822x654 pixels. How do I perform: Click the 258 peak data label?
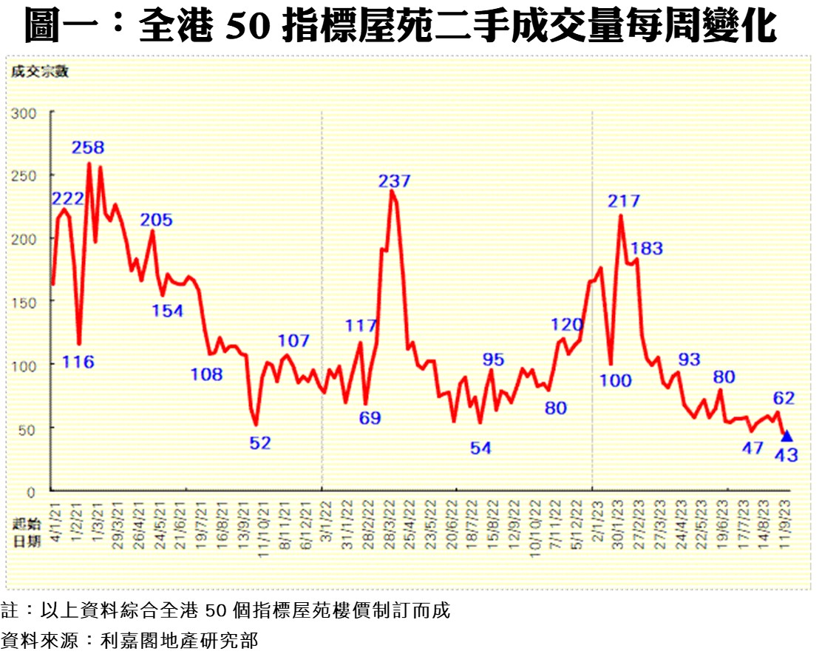pos(88,147)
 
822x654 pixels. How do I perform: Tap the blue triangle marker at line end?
pos(787,436)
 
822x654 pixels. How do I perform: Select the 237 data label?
pos(394,181)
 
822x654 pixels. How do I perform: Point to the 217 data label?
pos(624,200)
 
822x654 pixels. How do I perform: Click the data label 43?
pos(786,456)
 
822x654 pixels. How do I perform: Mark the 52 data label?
pos(259,443)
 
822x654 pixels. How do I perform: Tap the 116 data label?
pos(78,362)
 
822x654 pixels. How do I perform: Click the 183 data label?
pos(647,249)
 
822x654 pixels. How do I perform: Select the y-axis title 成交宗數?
pos(38,72)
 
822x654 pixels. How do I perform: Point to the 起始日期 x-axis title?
pos(26,532)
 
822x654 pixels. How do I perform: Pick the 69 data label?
pos(370,418)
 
